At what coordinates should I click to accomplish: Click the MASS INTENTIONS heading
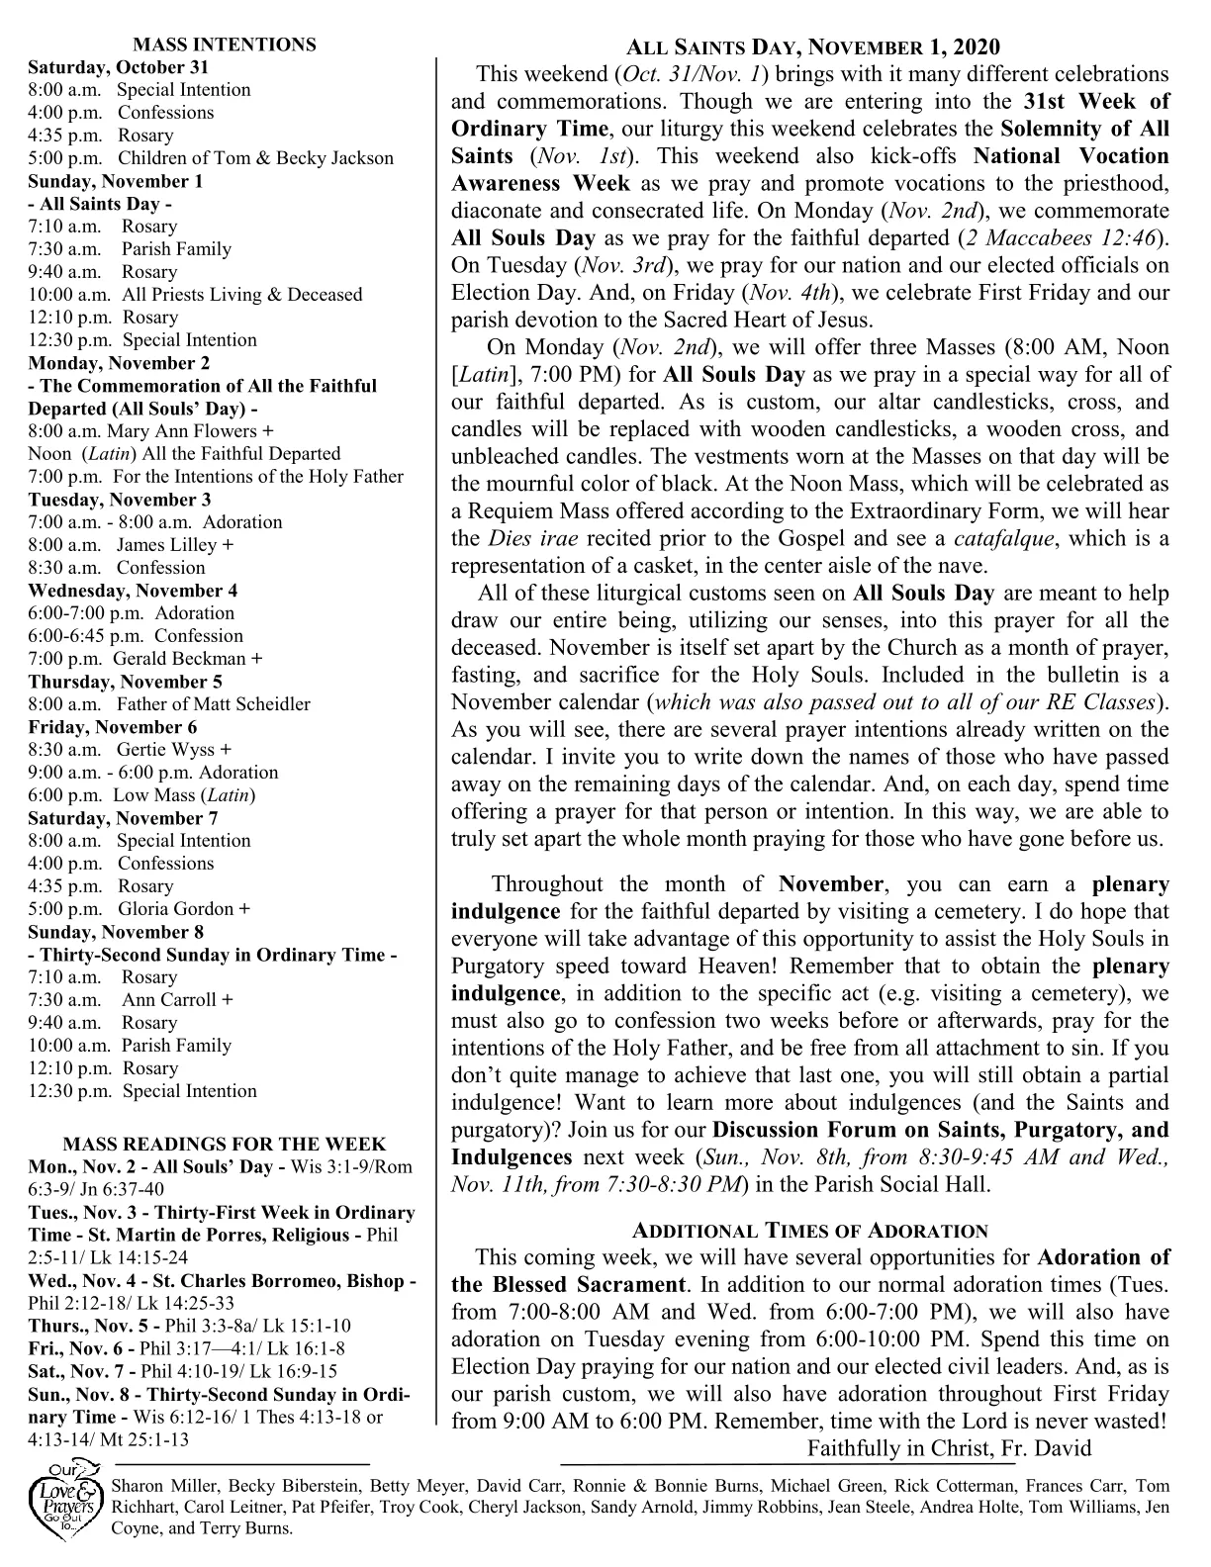coord(225,45)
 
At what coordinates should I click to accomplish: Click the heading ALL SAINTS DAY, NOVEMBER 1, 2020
coord(813,47)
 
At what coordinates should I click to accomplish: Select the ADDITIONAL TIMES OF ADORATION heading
coord(809,1231)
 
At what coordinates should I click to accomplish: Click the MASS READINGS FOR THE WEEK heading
coord(225,1144)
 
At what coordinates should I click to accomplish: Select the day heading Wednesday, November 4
coord(133,591)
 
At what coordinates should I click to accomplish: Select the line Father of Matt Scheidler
coord(213,704)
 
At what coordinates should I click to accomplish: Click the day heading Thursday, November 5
coord(125,682)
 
